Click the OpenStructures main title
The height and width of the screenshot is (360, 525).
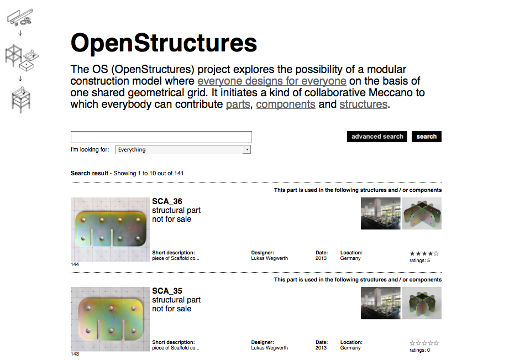pos(164,43)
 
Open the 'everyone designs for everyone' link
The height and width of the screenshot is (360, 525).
pos(271,81)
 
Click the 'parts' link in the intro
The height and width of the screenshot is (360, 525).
pos(238,105)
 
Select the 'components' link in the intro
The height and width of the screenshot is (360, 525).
pos(286,105)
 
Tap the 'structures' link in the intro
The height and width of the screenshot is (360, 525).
pos(364,105)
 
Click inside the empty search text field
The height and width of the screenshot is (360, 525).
pos(161,137)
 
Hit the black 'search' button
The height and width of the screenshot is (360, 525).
pos(427,137)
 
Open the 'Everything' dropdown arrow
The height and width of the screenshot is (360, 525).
pos(247,149)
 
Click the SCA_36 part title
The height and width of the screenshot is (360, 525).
pos(167,201)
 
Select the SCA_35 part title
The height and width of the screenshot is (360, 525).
pos(167,291)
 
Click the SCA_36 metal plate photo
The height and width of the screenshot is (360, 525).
pos(110,229)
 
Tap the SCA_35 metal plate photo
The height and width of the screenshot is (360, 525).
pos(110,319)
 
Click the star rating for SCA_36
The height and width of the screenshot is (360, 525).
pos(424,254)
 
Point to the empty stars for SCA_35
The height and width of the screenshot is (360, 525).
pos(424,343)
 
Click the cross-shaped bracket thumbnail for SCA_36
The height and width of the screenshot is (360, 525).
pos(422,213)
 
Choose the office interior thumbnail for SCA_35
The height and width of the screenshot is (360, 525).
pos(380,303)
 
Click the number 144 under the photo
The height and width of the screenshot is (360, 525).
pos(75,264)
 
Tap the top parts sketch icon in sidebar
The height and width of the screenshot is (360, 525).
pos(20,17)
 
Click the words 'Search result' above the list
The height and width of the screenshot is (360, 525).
pos(90,173)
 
